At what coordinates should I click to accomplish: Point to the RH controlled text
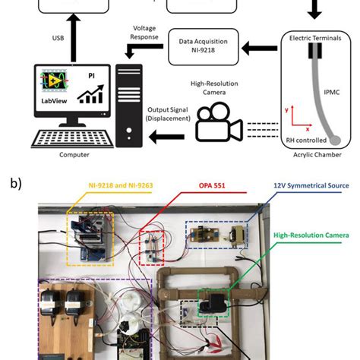click(302, 141)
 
